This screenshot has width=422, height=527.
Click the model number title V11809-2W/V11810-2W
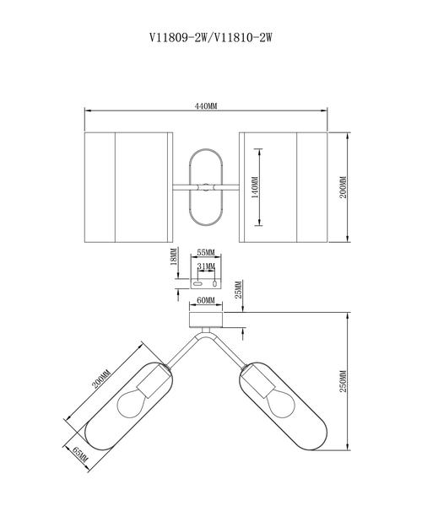click(211, 37)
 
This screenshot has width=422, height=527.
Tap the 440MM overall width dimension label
click(206, 106)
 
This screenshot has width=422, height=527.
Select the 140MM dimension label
click(256, 187)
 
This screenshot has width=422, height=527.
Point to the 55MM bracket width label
click(206, 252)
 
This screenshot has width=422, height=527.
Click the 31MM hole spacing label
click(206, 266)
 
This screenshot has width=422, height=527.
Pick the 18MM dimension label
click(174, 257)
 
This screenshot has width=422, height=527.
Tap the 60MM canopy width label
click(206, 300)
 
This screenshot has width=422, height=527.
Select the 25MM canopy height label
click(238, 290)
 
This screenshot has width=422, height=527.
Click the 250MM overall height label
click(343, 381)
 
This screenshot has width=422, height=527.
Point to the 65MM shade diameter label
click(80, 454)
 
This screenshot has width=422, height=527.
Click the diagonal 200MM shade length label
click(101, 379)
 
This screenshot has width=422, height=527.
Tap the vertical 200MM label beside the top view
click(343, 187)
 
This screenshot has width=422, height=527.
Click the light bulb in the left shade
click(132, 403)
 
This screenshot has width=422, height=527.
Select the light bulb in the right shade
click(281, 403)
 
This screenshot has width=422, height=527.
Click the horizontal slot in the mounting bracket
click(197, 283)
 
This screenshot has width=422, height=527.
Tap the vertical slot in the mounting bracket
click(214, 283)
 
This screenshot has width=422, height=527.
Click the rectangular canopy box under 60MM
click(206, 320)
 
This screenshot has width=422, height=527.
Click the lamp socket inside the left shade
click(152, 381)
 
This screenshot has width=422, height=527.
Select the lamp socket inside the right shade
click(259, 381)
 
